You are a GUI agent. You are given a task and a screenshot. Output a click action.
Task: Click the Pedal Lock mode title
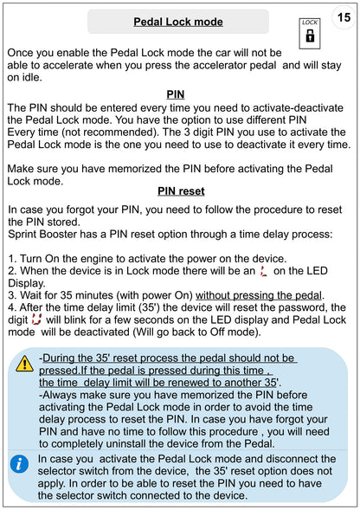(178, 22)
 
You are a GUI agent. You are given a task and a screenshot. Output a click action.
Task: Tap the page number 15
(344, 17)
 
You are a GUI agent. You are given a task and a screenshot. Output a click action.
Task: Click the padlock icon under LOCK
(310, 36)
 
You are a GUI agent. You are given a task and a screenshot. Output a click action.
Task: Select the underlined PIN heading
(176, 94)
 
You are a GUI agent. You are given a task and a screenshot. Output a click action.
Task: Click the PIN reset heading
(181, 190)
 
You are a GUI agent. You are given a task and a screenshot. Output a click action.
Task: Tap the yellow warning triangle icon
(25, 364)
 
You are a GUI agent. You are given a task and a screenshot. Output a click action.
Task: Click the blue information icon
(19, 464)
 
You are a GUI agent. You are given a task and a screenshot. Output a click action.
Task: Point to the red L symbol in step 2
(264, 271)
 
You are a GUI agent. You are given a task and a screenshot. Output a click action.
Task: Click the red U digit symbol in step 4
(36, 320)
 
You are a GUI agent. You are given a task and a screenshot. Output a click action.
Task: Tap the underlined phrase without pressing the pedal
(259, 295)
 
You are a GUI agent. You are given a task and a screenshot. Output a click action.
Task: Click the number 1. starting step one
(12, 259)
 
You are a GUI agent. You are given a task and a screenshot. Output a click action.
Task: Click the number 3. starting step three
(12, 295)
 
